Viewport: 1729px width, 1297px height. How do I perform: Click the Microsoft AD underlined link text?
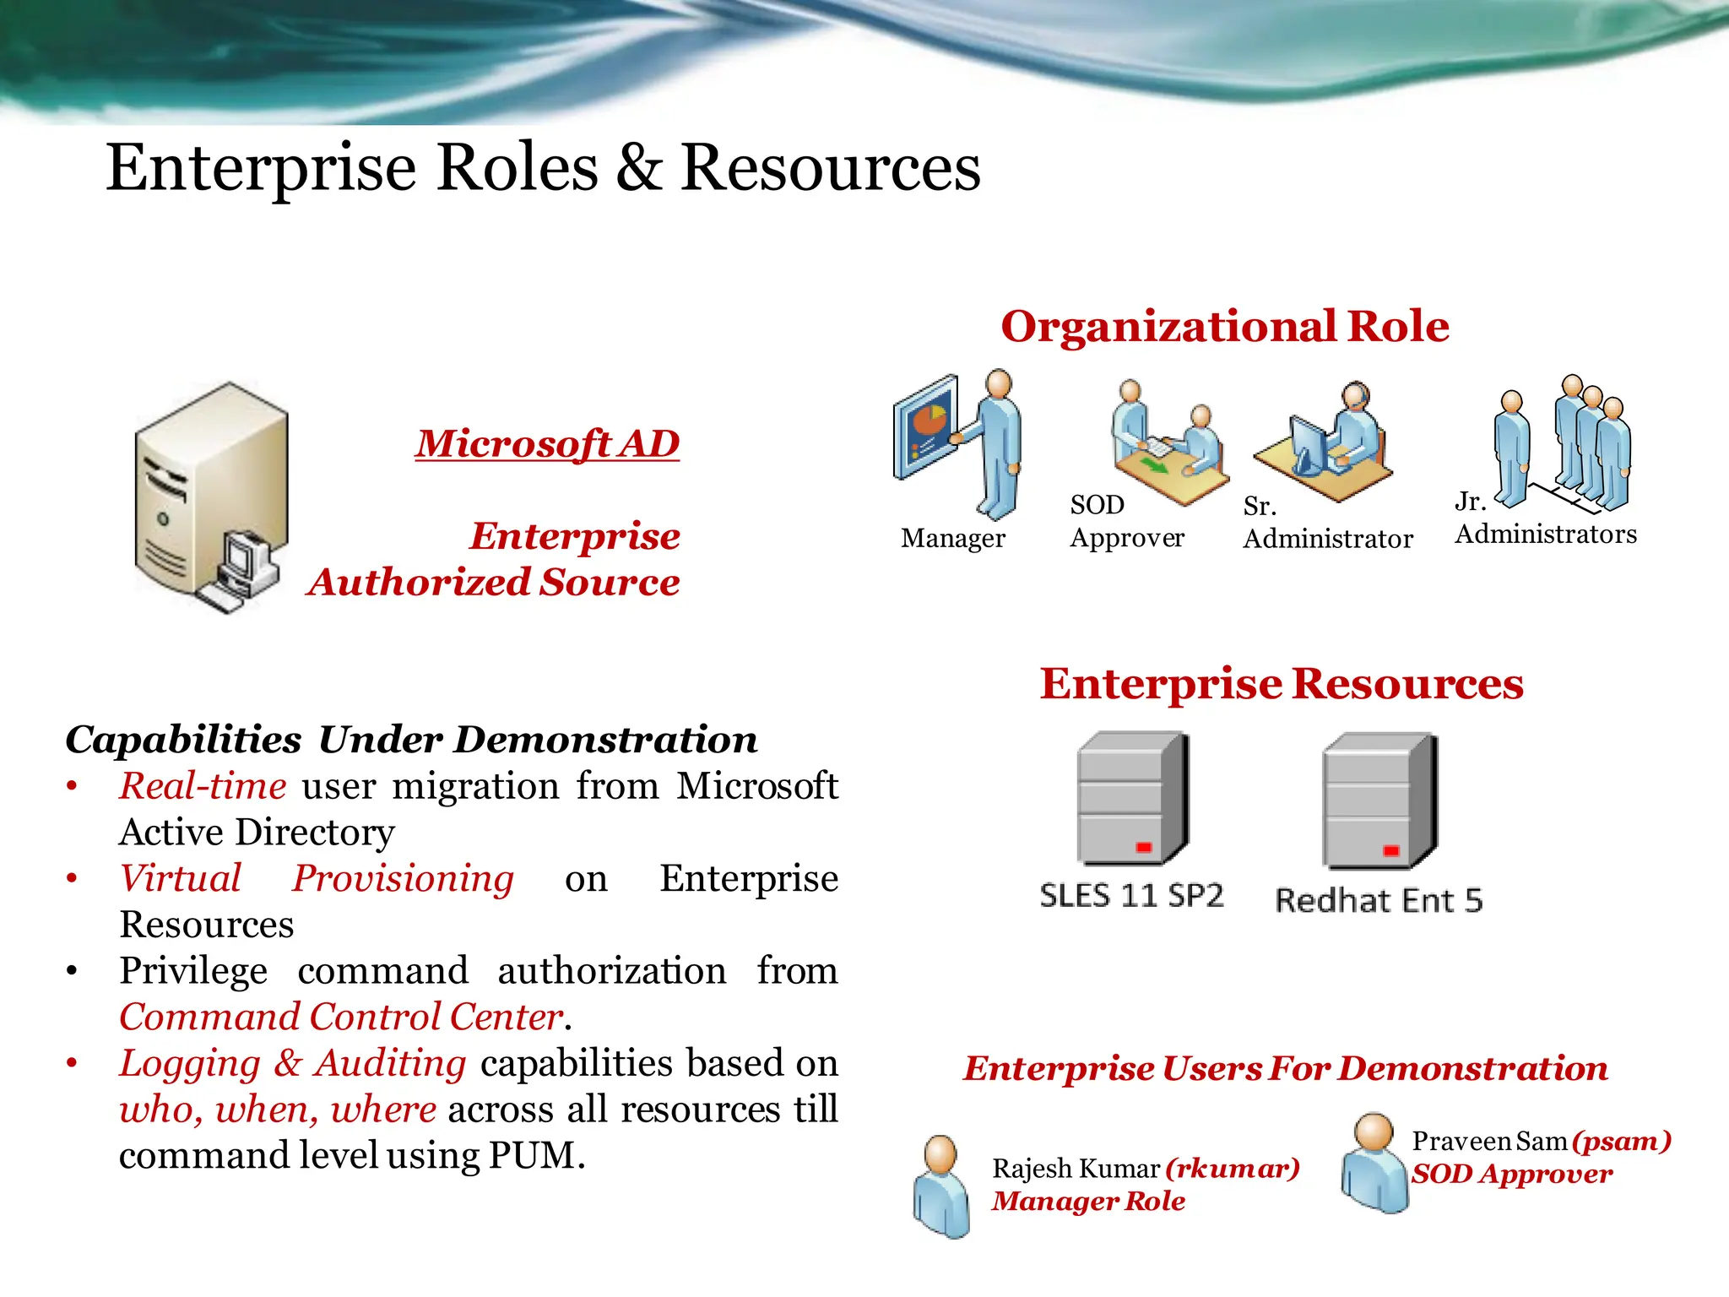click(x=547, y=444)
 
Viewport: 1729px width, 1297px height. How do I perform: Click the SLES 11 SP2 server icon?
click(x=1133, y=799)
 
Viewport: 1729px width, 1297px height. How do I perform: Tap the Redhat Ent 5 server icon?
click(x=1379, y=800)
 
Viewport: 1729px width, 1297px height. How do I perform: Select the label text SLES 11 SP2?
click(x=1131, y=896)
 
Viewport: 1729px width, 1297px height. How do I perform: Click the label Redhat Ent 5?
click(x=1379, y=901)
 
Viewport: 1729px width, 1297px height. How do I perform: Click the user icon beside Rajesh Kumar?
click(x=941, y=1186)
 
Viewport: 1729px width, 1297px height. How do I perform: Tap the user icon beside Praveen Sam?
click(x=1374, y=1163)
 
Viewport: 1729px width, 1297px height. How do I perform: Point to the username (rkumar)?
click(x=1233, y=1169)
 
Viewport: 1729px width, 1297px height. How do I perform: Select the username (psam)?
click(x=1622, y=1142)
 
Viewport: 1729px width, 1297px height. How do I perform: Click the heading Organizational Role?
click(x=1225, y=327)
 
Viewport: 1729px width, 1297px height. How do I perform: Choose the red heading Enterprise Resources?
click(x=1282, y=684)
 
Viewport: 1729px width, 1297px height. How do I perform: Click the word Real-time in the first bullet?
click(x=203, y=786)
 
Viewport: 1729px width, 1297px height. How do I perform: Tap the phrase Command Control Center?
click(x=341, y=1018)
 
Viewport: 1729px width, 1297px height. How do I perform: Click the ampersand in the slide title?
click(x=638, y=167)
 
